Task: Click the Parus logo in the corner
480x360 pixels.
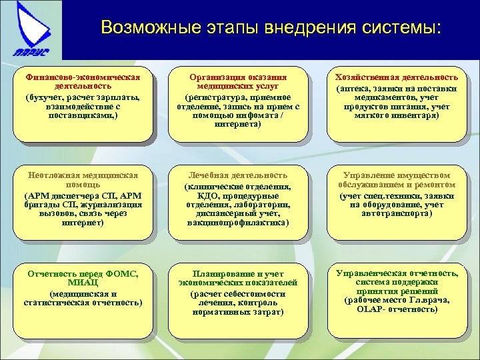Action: pyautogui.click(x=30, y=29)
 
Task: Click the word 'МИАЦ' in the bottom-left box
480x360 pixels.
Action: pyautogui.click(x=83, y=284)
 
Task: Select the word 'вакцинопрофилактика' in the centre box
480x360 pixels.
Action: pyautogui.click(x=239, y=223)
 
